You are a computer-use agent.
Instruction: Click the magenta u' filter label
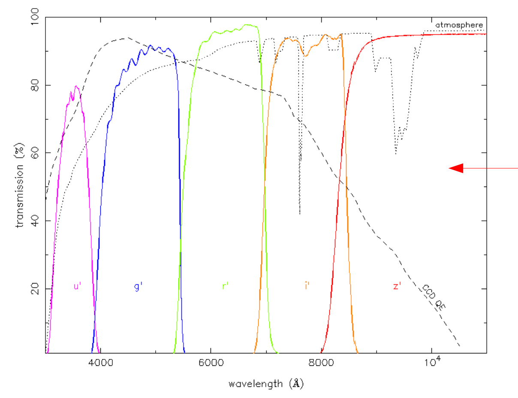point(78,286)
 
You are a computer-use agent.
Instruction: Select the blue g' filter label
point(138,286)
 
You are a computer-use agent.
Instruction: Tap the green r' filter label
point(225,286)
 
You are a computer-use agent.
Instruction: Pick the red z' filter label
point(396,286)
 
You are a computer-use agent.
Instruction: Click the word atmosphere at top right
point(459,25)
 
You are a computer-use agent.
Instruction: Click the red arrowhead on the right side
point(456,169)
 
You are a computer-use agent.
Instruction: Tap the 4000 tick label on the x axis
point(100,362)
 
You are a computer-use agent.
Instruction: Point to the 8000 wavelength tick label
point(321,362)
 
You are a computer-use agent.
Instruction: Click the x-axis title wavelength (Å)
point(266,383)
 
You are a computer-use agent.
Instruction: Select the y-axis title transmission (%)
point(20,185)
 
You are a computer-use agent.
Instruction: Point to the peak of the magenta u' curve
point(76,86)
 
